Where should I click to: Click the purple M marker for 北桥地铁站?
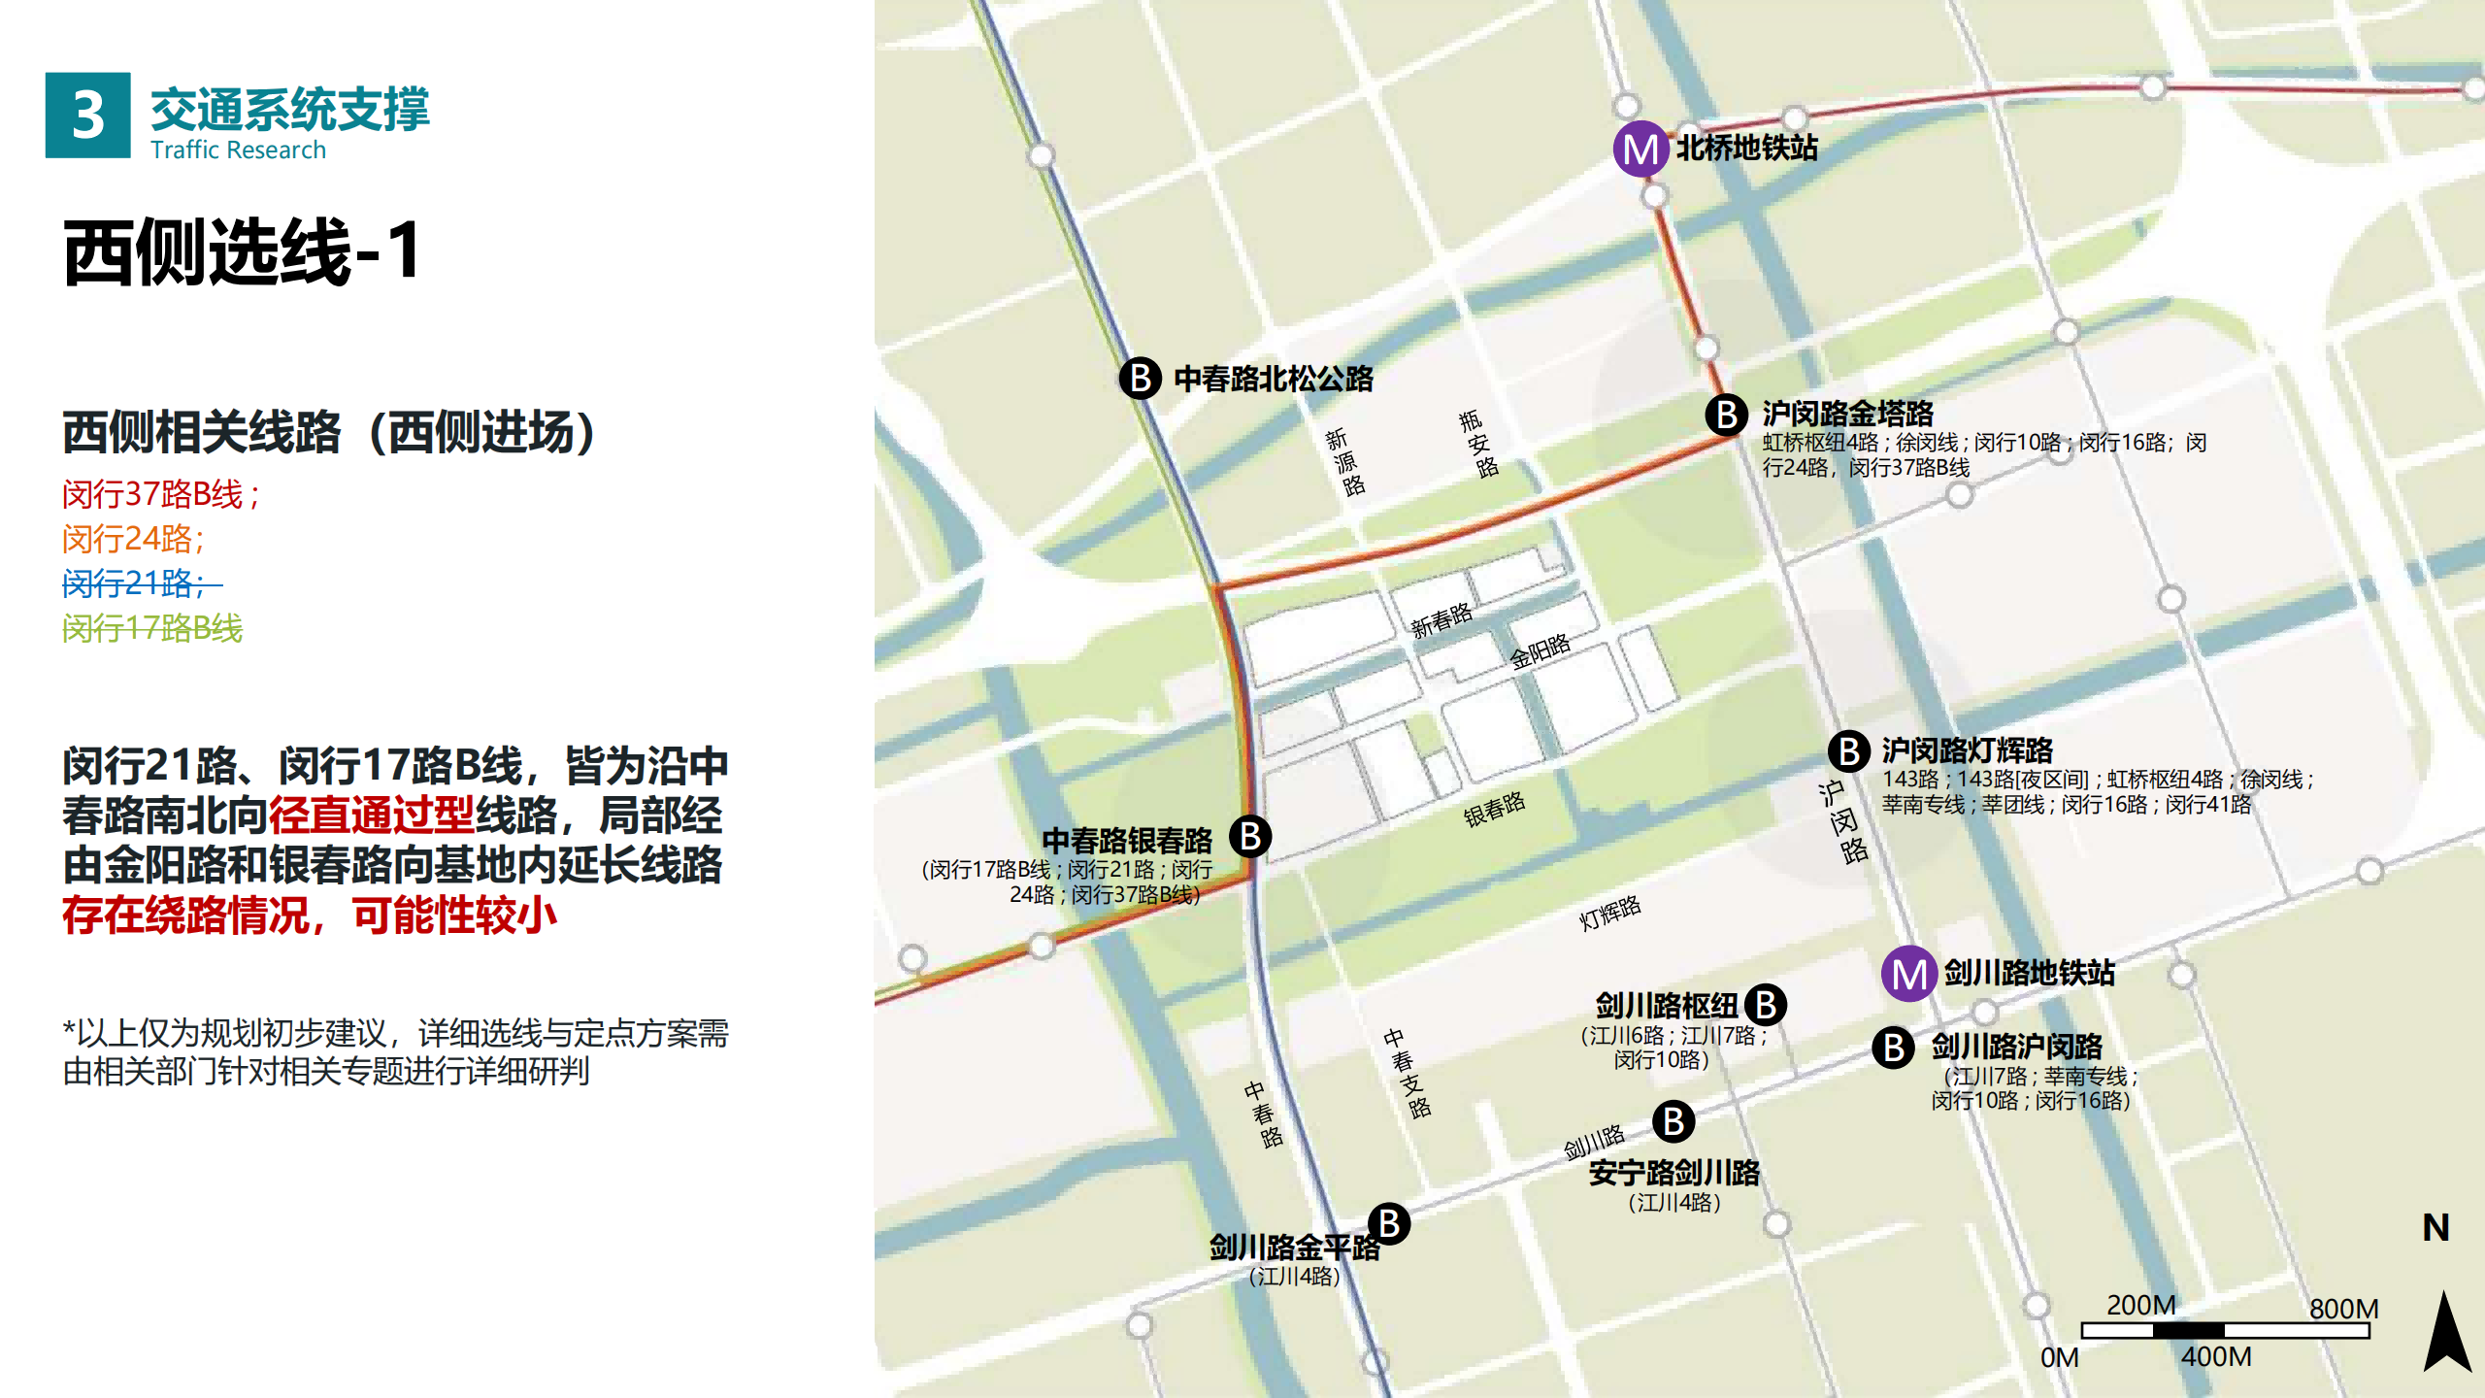1640,150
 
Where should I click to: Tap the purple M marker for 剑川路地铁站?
1909,974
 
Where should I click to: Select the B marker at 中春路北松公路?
1141,378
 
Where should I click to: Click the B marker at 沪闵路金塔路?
1727,415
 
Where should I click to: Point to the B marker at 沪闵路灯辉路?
1849,751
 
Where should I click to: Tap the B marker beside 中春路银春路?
1250,836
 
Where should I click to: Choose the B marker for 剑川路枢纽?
1766,1005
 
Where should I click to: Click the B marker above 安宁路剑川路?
1673,1121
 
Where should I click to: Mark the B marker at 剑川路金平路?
1389,1224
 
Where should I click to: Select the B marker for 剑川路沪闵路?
1893,1048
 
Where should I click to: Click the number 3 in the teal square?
87,116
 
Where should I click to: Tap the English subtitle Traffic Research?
238,150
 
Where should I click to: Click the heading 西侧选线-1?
243,251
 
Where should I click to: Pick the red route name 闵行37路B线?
160,494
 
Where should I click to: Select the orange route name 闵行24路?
133,539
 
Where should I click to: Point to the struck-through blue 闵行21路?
136,583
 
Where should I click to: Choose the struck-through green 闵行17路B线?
152,628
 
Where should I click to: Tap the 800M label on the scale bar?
2343,1309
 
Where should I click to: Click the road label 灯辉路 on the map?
1609,913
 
